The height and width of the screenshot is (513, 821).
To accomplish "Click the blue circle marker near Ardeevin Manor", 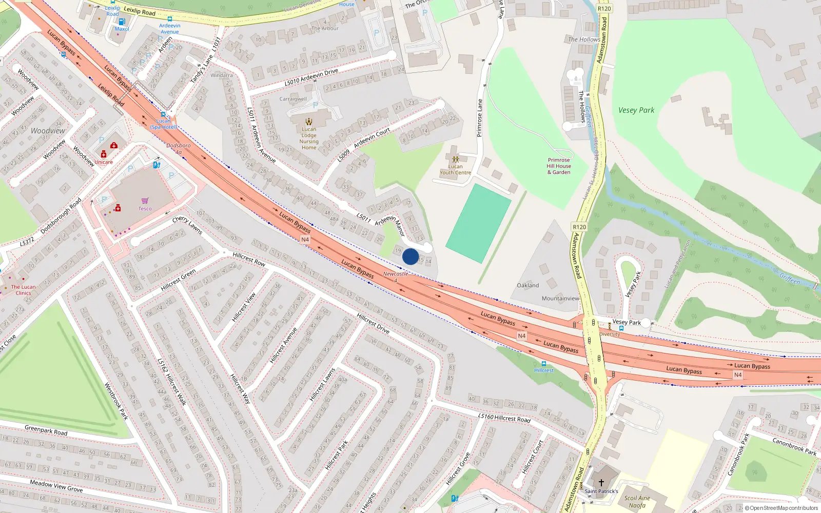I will [410, 256].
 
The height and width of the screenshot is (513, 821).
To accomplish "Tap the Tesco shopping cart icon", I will [145, 201].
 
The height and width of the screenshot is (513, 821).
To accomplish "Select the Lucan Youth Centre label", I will [455, 169].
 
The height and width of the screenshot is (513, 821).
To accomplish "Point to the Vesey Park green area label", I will [636, 110].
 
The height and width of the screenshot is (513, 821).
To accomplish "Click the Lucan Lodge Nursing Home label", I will [309, 139].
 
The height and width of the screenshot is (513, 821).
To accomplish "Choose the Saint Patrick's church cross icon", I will [601, 483].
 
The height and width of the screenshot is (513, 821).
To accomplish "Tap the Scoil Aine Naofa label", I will [637, 501].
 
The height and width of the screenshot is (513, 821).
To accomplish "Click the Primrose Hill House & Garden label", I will [559, 166].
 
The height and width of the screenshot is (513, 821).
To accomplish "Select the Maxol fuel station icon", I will [122, 22].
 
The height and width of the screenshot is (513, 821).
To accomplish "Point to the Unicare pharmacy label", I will [103, 162].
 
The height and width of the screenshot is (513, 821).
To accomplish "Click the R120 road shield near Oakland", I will [579, 227].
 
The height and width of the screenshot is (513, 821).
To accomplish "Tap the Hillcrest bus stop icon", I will [544, 364].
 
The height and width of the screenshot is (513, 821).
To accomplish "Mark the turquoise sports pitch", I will [478, 223].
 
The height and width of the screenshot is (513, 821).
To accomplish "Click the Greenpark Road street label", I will [46, 430].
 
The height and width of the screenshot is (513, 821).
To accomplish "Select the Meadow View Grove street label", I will [56, 485].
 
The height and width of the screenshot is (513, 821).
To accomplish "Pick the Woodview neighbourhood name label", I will [48, 131].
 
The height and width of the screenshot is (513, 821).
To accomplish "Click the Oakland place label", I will [528, 285].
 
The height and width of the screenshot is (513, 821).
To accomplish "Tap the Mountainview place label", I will [560, 298].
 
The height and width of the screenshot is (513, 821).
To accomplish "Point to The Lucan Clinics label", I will [23, 290].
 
